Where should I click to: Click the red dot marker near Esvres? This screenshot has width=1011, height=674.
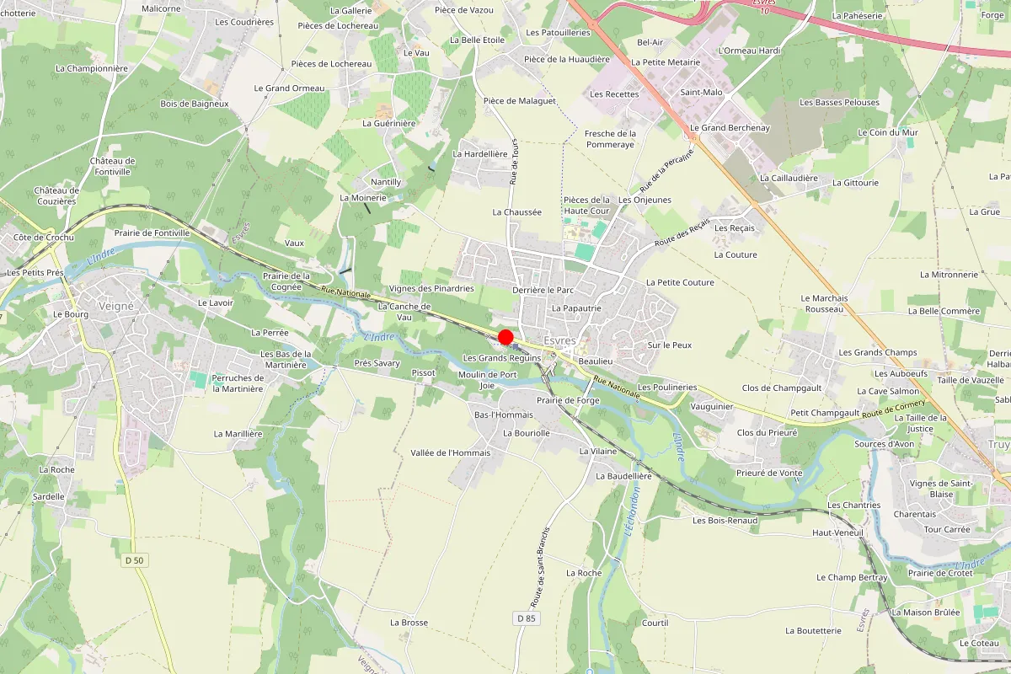[505, 337]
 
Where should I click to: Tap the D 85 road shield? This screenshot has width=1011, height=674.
[526, 618]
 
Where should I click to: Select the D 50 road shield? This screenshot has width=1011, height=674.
[134, 560]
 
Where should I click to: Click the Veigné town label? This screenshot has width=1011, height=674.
[116, 307]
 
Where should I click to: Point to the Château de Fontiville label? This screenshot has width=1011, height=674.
[112, 166]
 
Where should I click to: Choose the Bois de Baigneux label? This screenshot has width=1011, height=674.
[195, 104]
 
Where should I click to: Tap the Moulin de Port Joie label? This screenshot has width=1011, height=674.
[487, 380]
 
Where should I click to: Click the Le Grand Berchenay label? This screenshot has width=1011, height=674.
[730, 128]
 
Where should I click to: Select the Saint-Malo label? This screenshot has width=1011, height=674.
[701, 92]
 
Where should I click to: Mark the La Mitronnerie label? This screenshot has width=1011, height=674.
[949, 275]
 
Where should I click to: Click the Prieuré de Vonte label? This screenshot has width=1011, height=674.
[769, 473]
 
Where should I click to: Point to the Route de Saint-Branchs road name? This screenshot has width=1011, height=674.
[540, 568]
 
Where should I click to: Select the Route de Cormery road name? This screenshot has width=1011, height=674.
[893, 410]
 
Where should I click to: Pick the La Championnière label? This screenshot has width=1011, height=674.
[92, 68]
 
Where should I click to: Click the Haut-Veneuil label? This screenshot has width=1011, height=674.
[837, 532]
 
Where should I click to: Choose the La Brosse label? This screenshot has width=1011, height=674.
[409, 623]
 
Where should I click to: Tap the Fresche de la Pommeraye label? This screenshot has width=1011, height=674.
[610, 139]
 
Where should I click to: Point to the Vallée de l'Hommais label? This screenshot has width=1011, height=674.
[450, 452]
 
